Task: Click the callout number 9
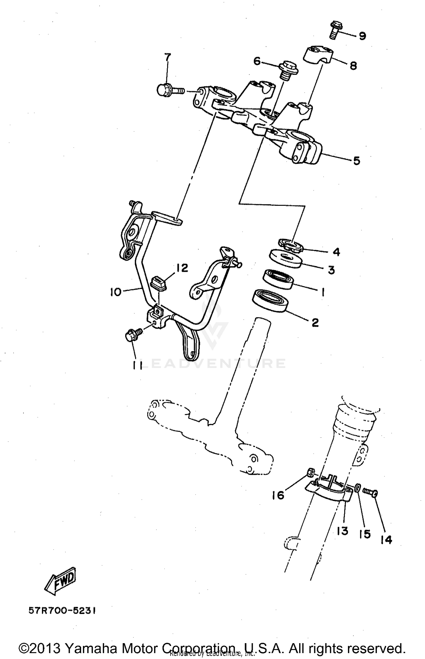(362, 36)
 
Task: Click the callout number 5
(356, 161)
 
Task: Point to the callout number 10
(116, 292)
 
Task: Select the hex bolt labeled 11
(133, 334)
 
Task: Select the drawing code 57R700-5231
(62, 611)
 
